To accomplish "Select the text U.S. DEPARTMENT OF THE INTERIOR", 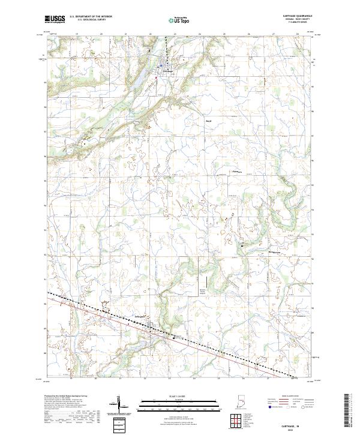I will (x=90, y=17).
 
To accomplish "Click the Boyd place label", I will (x=209, y=121).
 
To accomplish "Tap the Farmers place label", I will (x=236, y=172).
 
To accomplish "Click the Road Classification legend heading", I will (x=293, y=397).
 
